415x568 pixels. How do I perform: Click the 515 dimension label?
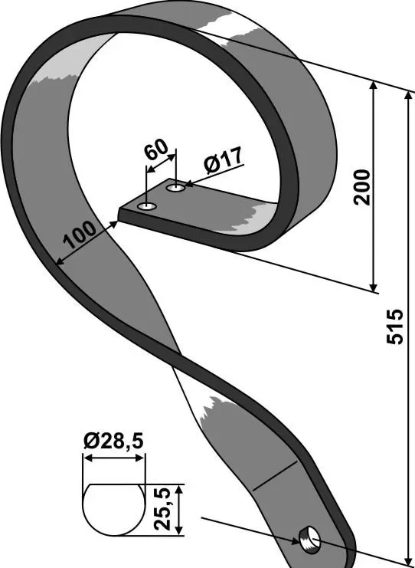click(x=394, y=326)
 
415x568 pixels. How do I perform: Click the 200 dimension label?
click(x=362, y=187)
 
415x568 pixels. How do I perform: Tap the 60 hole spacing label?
click(x=156, y=149)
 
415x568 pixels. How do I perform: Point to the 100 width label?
click(x=80, y=235)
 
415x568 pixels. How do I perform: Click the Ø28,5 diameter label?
click(x=113, y=442)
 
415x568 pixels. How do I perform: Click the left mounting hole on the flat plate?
click(x=147, y=207)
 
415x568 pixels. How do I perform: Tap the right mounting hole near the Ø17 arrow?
click(x=176, y=188)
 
